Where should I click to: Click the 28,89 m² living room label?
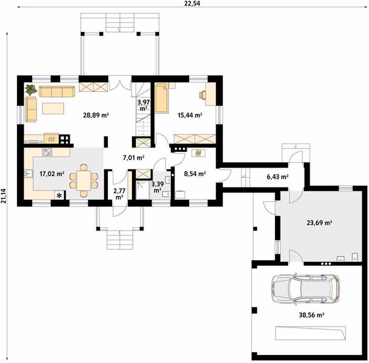pyautogui.click(x=96, y=115)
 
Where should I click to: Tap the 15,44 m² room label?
pyautogui.click(x=190, y=115)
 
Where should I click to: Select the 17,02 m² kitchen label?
pyautogui.click(x=52, y=174)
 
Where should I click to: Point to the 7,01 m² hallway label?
pyautogui.click(x=134, y=158)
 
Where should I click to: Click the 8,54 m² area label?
pyautogui.click(x=195, y=174)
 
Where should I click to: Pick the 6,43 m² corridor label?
pyautogui.click(x=278, y=177)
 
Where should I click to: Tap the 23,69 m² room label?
pyautogui.click(x=319, y=222)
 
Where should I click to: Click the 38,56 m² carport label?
pyautogui.click(x=312, y=315)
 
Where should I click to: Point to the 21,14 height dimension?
pyautogui.click(x=3, y=195)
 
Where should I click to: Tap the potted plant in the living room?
pyautogui.click(x=31, y=90)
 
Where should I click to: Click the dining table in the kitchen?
pyautogui.click(x=84, y=180)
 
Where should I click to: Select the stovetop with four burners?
pyautogui.click(x=47, y=152)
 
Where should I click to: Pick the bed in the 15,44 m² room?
pyautogui.click(x=162, y=98)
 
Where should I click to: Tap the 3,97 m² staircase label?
pyautogui.click(x=144, y=105)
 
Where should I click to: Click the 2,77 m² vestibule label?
pyautogui.click(x=119, y=194)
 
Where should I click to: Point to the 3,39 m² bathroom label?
pyautogui.click(x=158, y=187)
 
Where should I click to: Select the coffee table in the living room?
pyautogui.click(x=53, y=108)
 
